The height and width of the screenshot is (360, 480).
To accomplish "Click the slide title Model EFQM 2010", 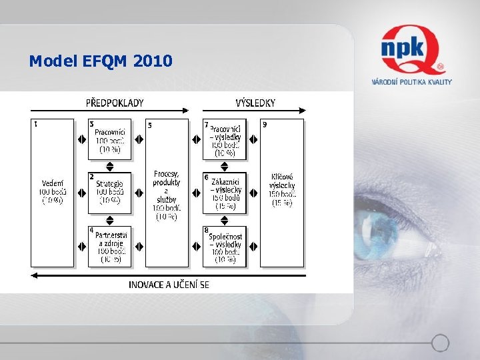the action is click(x=101, y=61).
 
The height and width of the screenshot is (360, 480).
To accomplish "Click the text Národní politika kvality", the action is click(x=411, y=82).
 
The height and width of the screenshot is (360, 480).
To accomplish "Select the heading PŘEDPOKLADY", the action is click(x=115, y=103).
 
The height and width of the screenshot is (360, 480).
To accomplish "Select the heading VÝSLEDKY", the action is click(x=255, y=103).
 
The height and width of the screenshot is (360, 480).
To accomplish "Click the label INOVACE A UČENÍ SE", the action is click(x=169, y=285).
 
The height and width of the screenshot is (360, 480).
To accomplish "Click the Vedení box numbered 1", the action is click(x=52, y=192).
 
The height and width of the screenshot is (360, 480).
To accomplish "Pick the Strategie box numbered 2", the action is click(x=110, y=192).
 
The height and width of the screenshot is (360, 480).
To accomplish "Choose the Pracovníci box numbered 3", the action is click(x=110, y=139).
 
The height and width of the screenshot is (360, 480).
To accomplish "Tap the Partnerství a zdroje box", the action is click(x=110, y=246).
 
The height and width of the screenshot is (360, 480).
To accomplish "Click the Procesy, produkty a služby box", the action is click(x=167, y=192).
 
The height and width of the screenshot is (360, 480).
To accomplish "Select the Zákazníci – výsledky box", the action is click(x=225, y=193).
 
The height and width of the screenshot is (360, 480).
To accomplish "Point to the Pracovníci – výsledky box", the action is click(x=225, y=139).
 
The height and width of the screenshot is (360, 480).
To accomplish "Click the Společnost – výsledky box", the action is click(x=225, y=246).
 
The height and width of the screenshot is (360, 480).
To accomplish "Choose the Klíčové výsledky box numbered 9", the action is click(x=281, y=192).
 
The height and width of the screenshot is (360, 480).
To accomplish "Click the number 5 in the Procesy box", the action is click(x=149, y=125).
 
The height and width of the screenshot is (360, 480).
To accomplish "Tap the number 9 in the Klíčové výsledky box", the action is click(x=265, y=124).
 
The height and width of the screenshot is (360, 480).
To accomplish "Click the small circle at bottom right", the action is click(x=440, y=343).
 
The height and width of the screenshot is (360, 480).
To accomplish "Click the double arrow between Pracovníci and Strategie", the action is click(x=110, y=166).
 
